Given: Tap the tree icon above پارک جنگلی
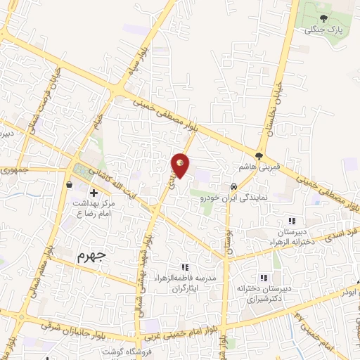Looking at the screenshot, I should tap(323, 19).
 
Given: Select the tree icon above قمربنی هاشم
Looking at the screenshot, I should tap(259, 155).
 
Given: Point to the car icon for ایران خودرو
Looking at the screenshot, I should tap(232, 187).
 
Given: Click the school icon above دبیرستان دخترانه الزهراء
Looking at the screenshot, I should tap(292, 221).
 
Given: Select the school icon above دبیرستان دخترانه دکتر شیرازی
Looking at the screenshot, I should tap(264, 277).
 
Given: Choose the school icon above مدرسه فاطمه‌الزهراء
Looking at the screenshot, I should tap(185, 267).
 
